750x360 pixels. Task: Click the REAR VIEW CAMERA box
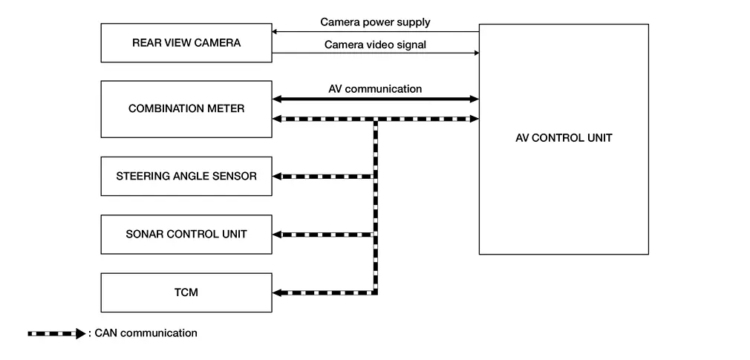pos(186,43)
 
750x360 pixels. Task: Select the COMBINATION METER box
pos(186,109)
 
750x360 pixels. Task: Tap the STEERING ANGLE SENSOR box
pos(186,176)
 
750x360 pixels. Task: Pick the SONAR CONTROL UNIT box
pos(186,235)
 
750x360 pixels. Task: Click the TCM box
pos(186,292)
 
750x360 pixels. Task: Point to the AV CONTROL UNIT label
pos(564,138)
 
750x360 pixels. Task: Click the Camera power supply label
pos(375,22)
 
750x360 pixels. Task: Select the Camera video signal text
pos(375,45)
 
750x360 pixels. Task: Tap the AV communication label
pos(375,89)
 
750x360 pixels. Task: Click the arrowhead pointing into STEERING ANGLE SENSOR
pos(278,176)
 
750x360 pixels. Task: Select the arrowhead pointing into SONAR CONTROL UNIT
pos(278,235)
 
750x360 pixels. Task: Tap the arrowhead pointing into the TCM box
pos(278,292)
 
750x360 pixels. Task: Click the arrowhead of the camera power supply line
pos(275,32)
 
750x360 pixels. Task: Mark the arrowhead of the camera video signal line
pos(475,53)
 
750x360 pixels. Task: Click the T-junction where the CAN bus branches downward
pos(375,119)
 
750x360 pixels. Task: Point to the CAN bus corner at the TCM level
pos(375,292)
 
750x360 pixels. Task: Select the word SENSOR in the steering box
pos(231,176)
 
